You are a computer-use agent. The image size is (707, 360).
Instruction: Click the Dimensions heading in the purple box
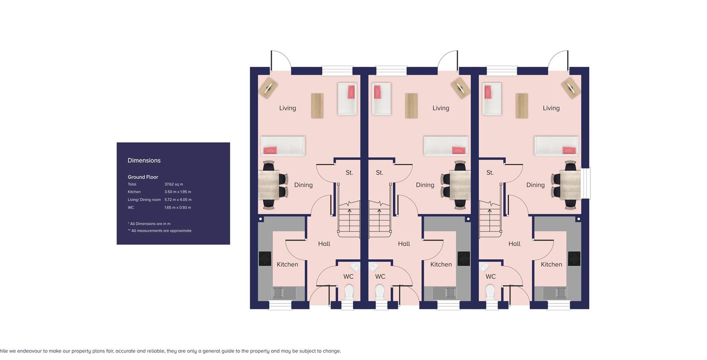[x=144, y=161]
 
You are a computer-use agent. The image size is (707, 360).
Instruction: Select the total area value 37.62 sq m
[x=174, y=184]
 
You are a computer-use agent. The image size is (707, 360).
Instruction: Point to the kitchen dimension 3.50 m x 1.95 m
[x=178, y=192]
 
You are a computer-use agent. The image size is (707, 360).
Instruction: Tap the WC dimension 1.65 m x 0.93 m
[x=178, y=208]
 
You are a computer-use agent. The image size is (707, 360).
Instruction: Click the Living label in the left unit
[x=288, y=108]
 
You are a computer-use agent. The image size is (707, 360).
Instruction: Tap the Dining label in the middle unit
[x=425, y=185]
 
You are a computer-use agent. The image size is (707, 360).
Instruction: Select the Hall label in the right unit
[x=514, y=244]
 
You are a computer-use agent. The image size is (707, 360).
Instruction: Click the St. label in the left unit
[x=349, y=173]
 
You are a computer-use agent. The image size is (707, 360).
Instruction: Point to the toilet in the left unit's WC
[x=349, y=292]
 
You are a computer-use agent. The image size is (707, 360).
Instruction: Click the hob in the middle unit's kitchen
[x=463, y=258]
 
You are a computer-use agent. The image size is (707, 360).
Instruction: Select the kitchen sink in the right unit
[x=558, y=293]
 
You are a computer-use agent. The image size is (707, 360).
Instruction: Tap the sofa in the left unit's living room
[x=283, y=146]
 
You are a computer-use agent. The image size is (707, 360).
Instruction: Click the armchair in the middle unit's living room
[x=381, y=99]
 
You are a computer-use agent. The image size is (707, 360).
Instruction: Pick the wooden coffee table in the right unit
[x=522, y=106]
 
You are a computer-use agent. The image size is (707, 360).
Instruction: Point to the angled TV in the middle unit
[x=460, y=88]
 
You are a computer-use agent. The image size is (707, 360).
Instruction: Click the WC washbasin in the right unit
[x=484, y=267]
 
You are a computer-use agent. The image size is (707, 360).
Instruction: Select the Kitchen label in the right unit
[x=551, y=265]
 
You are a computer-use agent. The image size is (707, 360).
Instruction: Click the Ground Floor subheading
[x=143, y=177]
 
